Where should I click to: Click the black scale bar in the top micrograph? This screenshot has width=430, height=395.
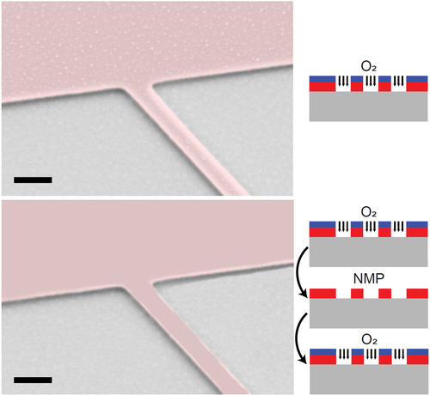(x=33, y=179)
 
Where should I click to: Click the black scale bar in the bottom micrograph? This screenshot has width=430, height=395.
(x=33, y=380)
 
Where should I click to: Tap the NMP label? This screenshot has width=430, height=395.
(x=369, y=279)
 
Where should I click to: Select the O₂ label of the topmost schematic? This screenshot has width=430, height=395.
(x=369, y=67)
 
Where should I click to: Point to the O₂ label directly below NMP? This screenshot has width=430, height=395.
(x=369, y=340)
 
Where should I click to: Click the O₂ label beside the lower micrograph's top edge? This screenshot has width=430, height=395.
(x=369, y=212)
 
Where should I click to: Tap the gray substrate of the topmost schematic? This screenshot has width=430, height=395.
(x=368, y=106)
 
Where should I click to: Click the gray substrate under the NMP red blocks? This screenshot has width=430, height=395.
(x=369, y=313)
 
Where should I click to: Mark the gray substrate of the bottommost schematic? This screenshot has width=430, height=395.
(x=369, y=379)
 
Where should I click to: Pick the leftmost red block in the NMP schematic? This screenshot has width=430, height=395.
(x=322, y=294)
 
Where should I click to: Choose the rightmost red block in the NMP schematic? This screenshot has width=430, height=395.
(x=417, y=294)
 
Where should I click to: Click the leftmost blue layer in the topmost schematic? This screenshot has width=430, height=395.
(x=322, y=79)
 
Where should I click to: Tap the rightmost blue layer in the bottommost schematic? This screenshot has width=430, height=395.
(x=418, y=352)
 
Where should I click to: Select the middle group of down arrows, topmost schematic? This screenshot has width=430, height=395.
(x=371, y=81)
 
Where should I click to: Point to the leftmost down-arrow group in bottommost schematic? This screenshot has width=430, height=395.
(x=344, y=354)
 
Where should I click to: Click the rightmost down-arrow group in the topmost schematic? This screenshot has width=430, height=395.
(x=398, y=81)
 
